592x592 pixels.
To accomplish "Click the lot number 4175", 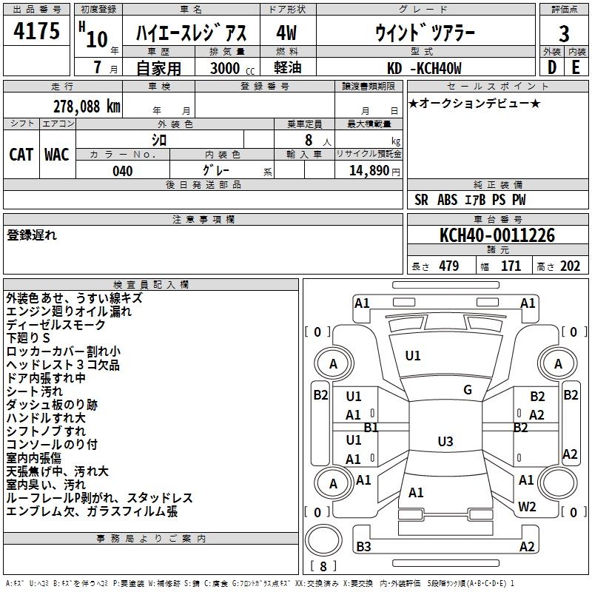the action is [36, 30].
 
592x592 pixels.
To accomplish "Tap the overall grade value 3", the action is [564, 34].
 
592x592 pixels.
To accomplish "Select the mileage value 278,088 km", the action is [87, 107].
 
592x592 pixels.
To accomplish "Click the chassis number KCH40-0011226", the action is [497, 235].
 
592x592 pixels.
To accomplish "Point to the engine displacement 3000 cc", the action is [232, 68].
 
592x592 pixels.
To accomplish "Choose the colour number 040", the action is [123, 171].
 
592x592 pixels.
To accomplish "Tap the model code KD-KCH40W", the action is [424, 68].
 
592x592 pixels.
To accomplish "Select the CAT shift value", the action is [21, 155].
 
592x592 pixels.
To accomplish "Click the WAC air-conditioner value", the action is [57, 155].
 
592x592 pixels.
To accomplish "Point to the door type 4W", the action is [286, 33].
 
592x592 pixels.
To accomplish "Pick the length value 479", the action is [449, 266].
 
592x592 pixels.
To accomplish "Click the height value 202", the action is [570, 266].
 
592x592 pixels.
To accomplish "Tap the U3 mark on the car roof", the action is [445, 441].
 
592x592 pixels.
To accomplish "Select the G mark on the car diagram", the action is [468, 390].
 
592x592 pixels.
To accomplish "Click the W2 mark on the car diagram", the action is [527, 506].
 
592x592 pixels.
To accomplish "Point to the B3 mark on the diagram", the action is [363, 546].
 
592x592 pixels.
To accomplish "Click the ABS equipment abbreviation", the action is [448, 200].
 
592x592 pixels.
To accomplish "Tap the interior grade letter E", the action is [576, 67].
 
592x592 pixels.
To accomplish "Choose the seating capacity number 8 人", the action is [318, 141].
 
